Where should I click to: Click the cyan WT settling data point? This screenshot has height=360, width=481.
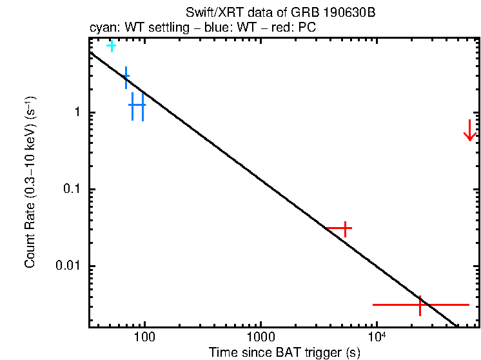click(x=112, y=45)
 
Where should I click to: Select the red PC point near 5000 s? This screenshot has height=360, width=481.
click(x=345, y=228)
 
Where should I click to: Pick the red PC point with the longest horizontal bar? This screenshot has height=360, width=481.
click(x=420, y=304)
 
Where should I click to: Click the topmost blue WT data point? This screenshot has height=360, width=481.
click(x=126, y=76)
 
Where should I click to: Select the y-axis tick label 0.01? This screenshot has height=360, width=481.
click(x=71, y=266)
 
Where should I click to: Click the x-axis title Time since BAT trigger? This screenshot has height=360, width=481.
click(x=284, y=352)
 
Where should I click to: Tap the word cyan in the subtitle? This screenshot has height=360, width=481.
click(x=102, y=29)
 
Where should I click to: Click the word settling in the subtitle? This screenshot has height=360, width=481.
click(x=166, y=29)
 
